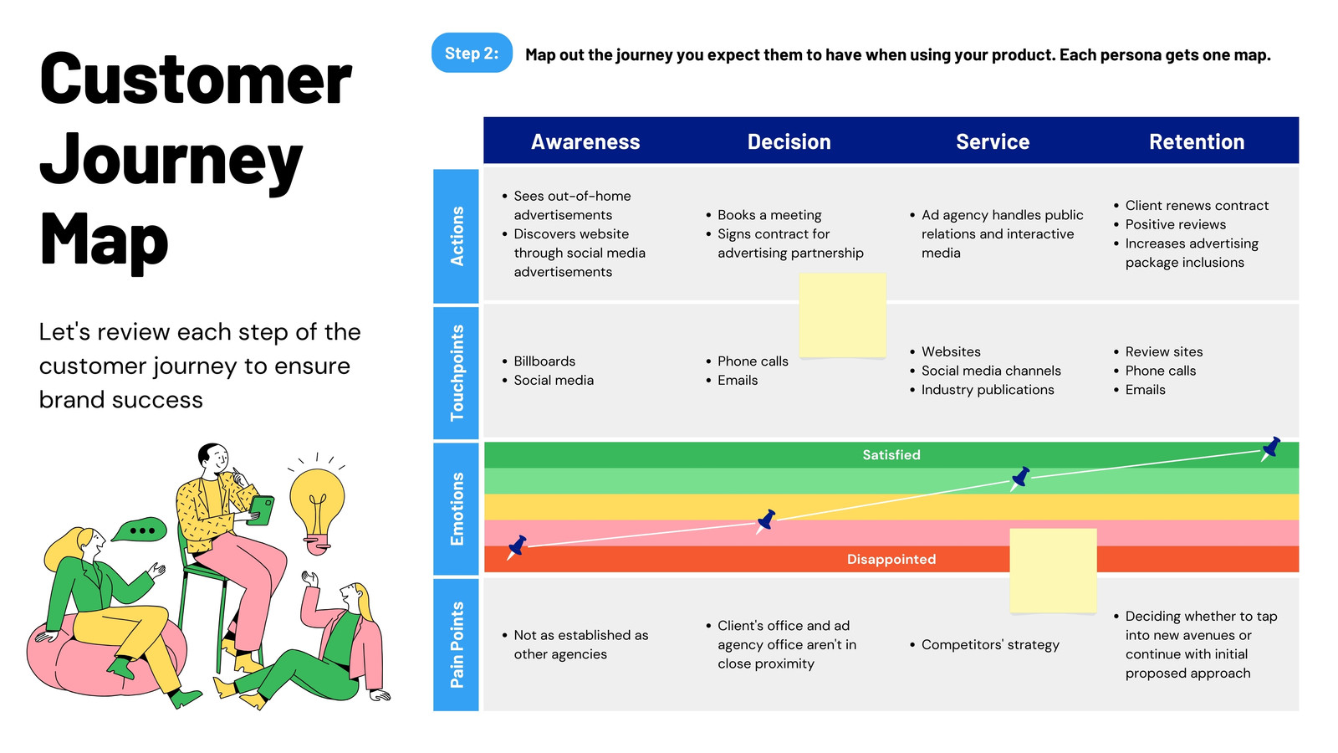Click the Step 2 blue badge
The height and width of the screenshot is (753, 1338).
(x=472, y=54)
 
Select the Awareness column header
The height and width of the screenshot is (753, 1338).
(x=585, y=141)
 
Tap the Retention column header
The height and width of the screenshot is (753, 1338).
(x=1197, y=141)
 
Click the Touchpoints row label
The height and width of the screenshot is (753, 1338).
(x=457, y=373)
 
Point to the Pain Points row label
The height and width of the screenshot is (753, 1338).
(x=457, y=645)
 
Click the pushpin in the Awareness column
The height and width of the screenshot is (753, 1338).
(x=517, y=547)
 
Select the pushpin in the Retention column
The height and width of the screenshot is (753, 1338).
(x=1270, y=448)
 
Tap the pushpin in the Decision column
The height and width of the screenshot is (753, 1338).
(x=766, y=521)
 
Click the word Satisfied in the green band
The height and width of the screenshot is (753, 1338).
(x=891, y=455)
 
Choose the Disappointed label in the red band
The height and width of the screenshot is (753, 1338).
(x=891, y=560)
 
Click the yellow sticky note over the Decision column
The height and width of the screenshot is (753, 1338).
(x=843, y=315)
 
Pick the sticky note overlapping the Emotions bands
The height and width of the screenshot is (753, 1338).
(x=1053, y=571)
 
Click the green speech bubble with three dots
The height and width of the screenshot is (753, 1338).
(x=140, y=530)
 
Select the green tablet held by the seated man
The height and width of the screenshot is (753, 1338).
(x=261, y=510)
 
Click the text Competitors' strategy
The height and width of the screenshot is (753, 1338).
(x=990, y=645)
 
